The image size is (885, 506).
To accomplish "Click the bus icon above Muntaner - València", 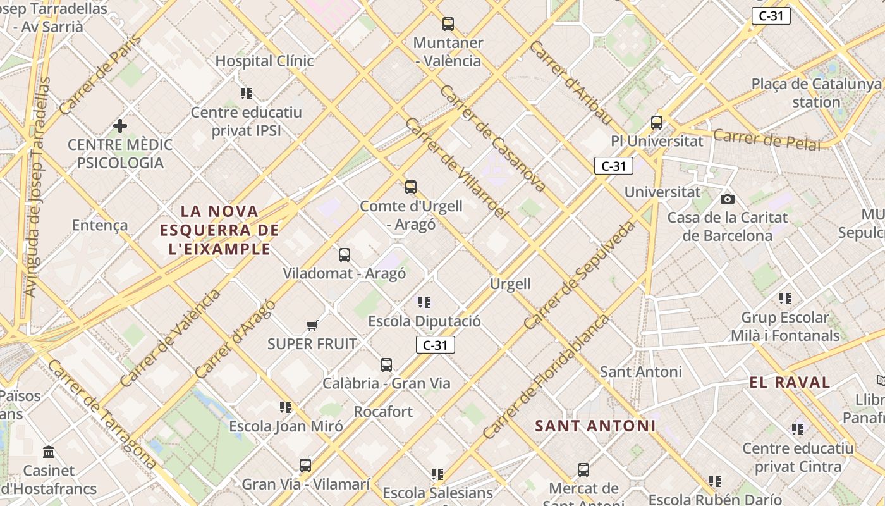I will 448,24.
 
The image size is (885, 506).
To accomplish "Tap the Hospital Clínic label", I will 264,61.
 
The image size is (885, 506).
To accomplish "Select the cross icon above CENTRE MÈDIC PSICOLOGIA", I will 120,126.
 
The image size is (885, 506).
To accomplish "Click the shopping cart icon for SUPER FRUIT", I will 312,326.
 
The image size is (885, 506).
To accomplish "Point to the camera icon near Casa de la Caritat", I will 728,199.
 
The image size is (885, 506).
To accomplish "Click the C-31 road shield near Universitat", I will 613,166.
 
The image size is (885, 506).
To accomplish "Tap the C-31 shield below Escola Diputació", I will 435,345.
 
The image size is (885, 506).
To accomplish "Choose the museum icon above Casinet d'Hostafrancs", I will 49,452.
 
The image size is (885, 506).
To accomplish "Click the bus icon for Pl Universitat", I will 657,123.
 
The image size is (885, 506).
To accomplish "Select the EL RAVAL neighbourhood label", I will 790,382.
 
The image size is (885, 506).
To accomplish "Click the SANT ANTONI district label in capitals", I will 595,426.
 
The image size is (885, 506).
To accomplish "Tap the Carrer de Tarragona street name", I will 101,414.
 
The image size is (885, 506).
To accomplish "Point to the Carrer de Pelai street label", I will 767,139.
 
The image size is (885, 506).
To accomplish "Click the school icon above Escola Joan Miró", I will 286,407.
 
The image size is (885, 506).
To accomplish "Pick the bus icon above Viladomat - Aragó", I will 345,255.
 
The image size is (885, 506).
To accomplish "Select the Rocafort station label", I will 383,412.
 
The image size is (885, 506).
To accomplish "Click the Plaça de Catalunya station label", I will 816,93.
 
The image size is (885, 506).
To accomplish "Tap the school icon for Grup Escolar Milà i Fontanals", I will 785,299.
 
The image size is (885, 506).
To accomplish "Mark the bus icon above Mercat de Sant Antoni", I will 583,470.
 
